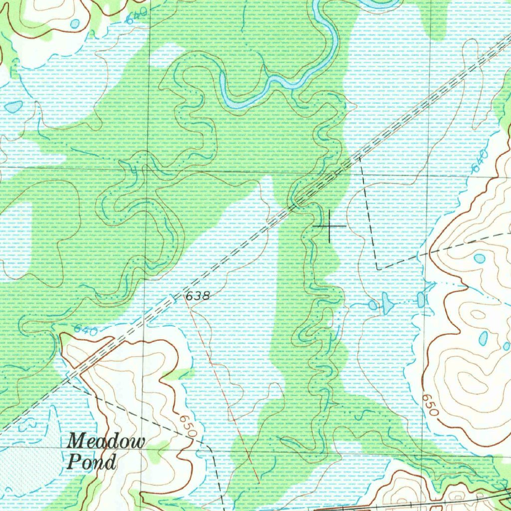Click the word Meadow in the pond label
point(106,442)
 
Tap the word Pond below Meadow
point(91,462)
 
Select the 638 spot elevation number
point(197,296)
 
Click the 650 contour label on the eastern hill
point(430,405)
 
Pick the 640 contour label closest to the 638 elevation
point(84,329)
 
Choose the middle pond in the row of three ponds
point(387,302)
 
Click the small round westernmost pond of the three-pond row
point(372,305)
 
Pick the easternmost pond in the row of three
point(421,299)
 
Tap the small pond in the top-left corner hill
point(75,23)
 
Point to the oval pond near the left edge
point(13,106)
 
